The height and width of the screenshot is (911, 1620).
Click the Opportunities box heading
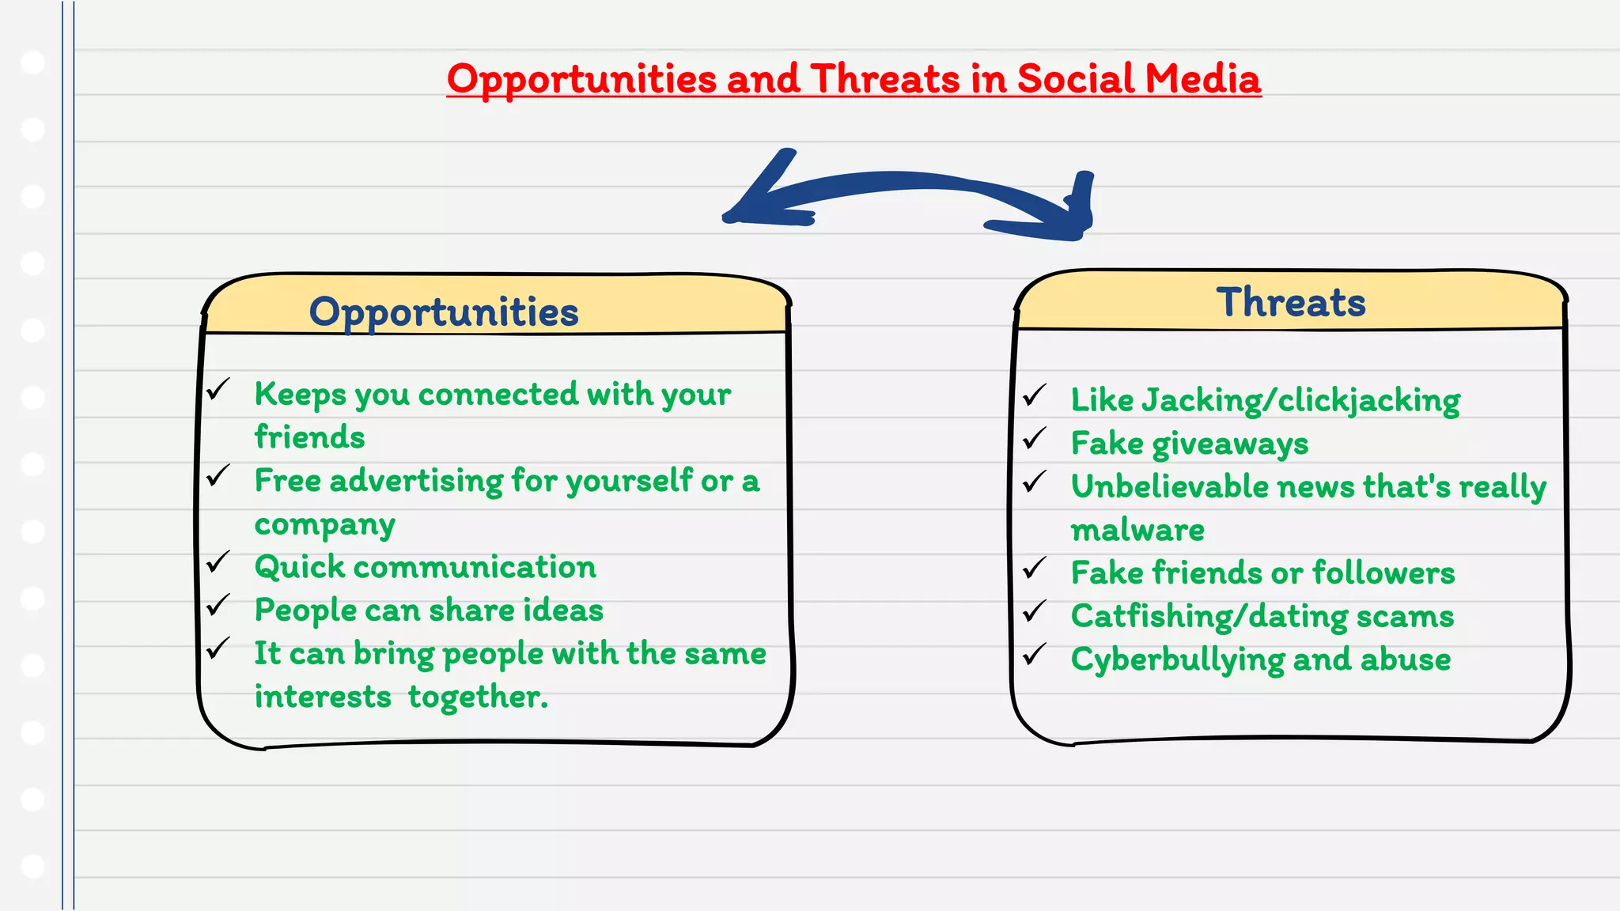pyautogui.click(x=444, y=312)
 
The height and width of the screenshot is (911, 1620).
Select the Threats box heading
pyautogui.click(x=1291, y=302)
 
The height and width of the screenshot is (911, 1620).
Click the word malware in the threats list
pyautogui.click(x=1137, y=530)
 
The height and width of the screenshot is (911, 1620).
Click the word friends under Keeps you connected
pyautogui.click(x=309, y=437)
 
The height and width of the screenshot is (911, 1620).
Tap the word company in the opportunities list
pyautogui.click(x=324, y=524)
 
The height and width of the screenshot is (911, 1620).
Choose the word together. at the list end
pyautogui.click(x=478, y=697)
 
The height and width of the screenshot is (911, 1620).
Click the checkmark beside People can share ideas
pyautogui.click(x=218, y=605)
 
